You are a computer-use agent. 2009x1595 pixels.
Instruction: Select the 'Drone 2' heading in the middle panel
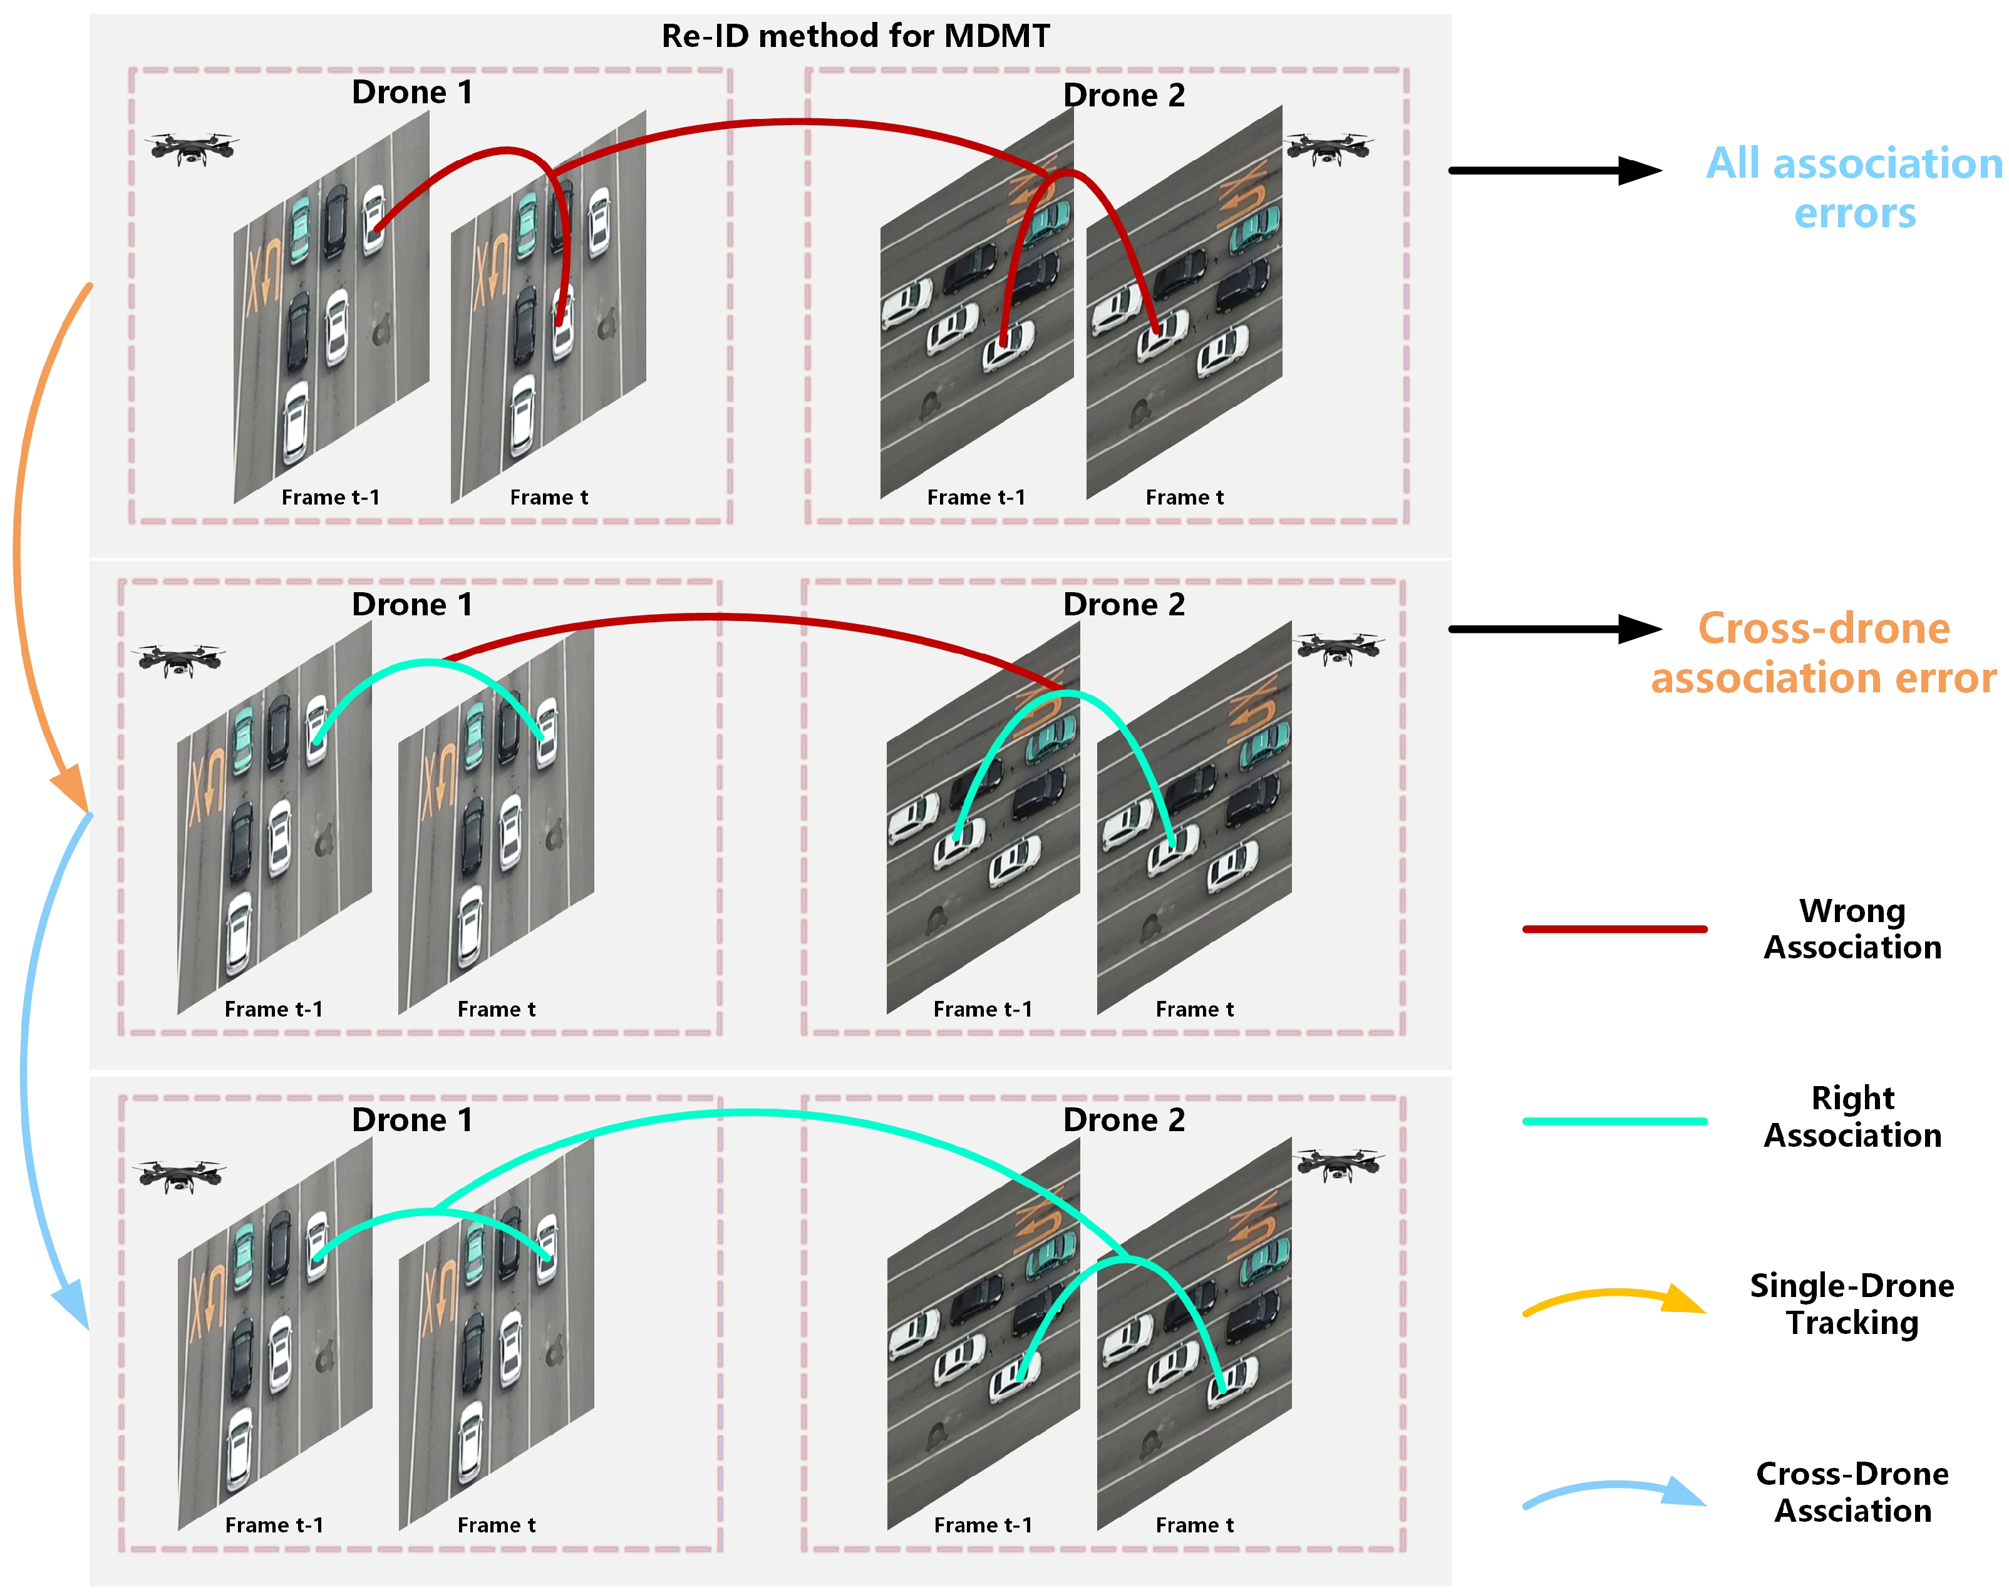(x=1123, y=605)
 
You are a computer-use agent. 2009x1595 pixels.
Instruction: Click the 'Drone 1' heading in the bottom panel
(x=412, y=1120)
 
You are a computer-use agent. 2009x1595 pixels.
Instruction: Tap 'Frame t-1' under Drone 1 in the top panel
(x=330, y=498)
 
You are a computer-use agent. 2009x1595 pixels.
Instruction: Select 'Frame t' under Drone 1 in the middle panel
(x=496, y=1009)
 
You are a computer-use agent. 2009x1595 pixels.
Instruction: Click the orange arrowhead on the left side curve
(x=71, y=787)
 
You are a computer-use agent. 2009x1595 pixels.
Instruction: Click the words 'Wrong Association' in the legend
(x=1852, y=929)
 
